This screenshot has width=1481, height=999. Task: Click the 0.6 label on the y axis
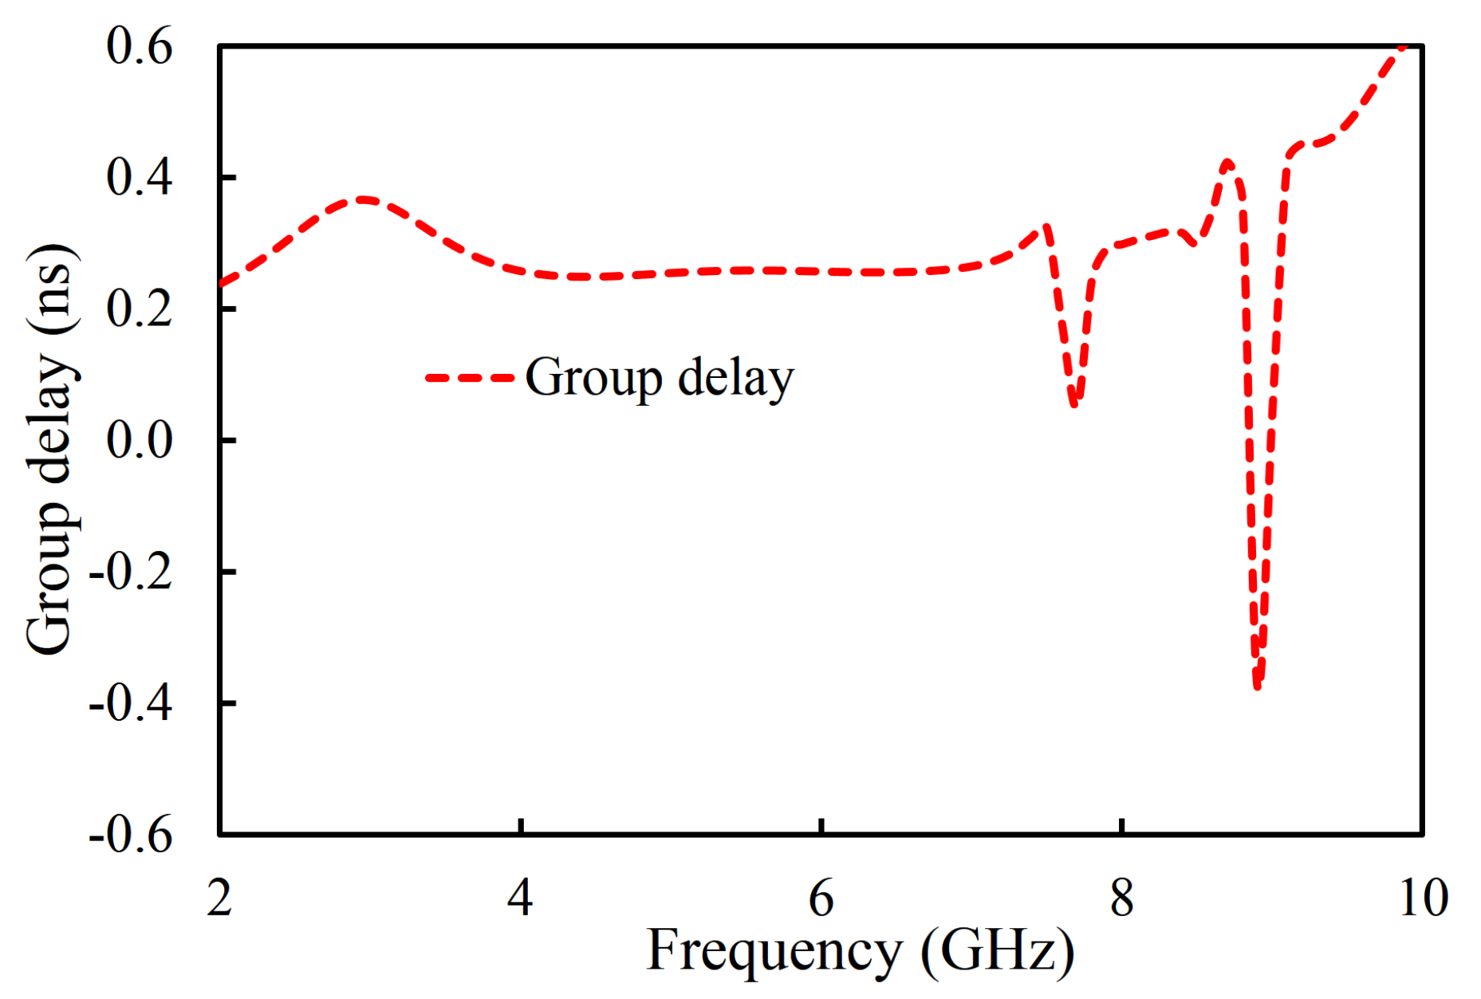click(139, 46)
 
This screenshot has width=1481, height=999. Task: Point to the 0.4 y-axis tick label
click(139, 177)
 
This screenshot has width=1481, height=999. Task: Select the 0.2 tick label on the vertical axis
click(139, 309)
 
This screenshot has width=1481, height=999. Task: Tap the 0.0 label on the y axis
click(139, 440)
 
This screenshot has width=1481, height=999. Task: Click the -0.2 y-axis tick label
click(130, 572)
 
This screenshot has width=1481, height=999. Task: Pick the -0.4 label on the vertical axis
click(130, 703)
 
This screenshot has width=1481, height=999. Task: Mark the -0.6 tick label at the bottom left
click(130, 835)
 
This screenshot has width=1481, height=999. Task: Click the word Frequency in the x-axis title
click(774, 950)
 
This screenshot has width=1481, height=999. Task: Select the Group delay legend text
click(660, 377)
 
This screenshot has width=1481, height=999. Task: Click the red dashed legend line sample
click(469, 378)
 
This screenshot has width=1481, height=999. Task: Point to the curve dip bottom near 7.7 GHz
click(1074, 403)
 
